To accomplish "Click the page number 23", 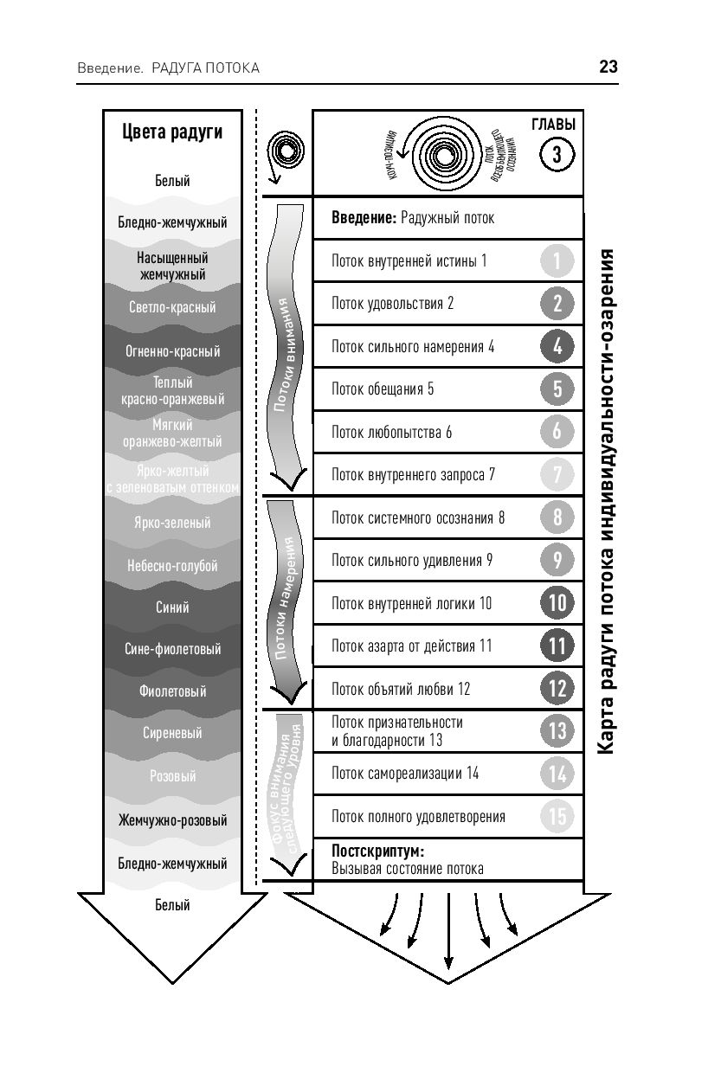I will tap(608, 67).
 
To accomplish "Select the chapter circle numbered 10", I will tap(557, 602).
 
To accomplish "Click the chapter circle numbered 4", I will tap(557, 346).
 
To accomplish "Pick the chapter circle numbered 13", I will tap(557, 731).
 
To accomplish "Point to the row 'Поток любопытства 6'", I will tap(392, 432).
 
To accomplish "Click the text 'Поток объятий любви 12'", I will tap(401, 689).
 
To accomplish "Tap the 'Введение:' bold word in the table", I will tap(364, 218).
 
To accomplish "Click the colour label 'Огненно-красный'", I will tap(174, 351).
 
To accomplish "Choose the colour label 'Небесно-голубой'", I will tap(174, 566).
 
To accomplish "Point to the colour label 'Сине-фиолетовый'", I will tap(174, 649).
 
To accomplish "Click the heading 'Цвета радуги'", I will tap(172, 132).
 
